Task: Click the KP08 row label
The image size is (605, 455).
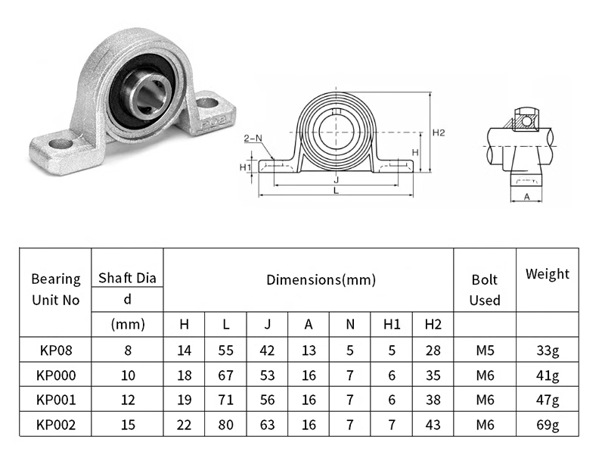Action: coord(56,351)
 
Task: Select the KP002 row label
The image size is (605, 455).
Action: coord(56,425)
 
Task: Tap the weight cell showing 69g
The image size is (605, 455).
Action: coord(548,425)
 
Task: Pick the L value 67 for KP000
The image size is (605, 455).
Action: coord(225,376)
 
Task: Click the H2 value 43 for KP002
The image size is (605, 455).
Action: coord(433,425)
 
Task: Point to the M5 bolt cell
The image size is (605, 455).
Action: coord(485,351)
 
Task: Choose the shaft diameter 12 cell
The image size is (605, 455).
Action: coord(128,400)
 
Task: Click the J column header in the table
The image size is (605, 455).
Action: coord(267,325)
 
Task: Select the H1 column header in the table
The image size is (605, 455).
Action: coord(392,325)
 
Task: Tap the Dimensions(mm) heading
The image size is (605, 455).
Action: coord(321,279)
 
